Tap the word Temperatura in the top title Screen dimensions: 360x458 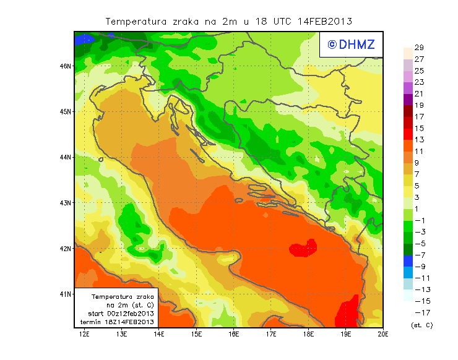136,21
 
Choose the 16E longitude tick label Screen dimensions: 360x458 234,334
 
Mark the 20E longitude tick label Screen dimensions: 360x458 383,334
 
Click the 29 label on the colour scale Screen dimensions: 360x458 419,48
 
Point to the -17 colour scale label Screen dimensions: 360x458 420,312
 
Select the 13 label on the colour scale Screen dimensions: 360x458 419,140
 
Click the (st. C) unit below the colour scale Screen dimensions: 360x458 421,325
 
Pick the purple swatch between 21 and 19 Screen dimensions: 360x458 407,99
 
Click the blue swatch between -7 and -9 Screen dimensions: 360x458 407,260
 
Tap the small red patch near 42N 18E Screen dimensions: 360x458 304,249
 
